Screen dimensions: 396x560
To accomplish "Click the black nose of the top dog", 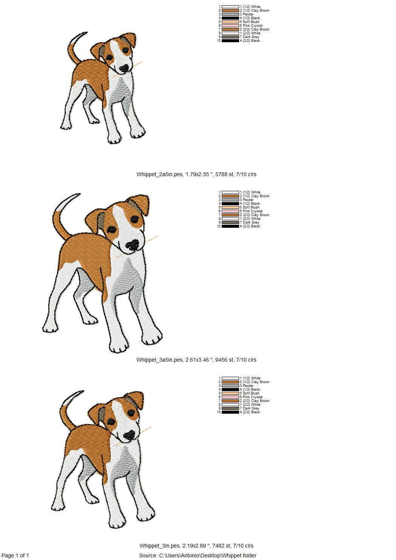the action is (124, 68).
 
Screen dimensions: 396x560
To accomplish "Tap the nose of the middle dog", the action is (132, 245).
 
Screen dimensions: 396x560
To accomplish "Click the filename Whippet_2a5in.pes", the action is (160, 174).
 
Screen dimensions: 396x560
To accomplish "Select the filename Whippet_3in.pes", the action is (160, 546).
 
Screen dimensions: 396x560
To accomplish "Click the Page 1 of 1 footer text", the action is (15, 555).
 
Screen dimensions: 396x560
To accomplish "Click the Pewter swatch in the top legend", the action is (230, 14).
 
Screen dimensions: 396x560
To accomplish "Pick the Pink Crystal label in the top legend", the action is (253, 26).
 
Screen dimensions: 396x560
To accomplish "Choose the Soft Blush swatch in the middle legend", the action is (230, 207).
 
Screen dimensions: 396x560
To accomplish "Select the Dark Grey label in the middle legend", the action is (251, 222).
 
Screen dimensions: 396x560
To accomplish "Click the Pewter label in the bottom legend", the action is (248, 386).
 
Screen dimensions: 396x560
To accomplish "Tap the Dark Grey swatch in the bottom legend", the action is (230, 408).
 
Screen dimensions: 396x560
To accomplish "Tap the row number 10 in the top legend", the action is (219, 41).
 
